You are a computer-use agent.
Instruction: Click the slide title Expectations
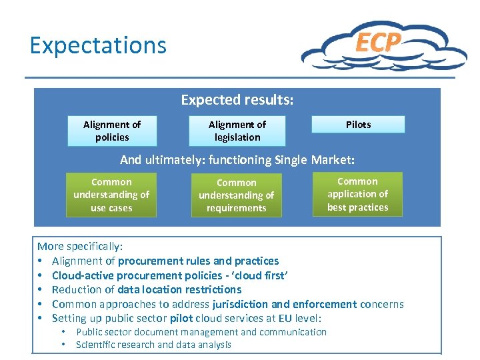(x=98, y=45)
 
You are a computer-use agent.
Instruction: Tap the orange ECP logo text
(x=378, y=42)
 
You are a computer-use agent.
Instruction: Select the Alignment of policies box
(x=112, y=131)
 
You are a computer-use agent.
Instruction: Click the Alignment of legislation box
(x=237, y=131)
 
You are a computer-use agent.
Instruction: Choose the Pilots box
(x=359, y=125)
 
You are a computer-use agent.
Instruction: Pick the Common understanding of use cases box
(x=111, y=195)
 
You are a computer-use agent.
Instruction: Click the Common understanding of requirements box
(x=237, y=195)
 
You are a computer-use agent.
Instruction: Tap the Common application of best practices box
(x=358, y=194)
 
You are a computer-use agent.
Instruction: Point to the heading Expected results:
(x=237, y=100)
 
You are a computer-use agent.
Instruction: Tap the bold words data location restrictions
(x=179, y=289)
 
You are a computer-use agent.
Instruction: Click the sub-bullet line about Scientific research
(x=153, y=345)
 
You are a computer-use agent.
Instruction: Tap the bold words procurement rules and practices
(x=198, y=261)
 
